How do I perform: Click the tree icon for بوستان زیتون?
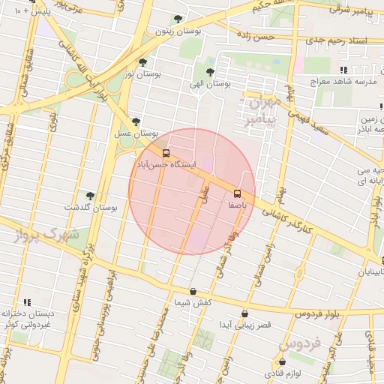(x=178, y=19)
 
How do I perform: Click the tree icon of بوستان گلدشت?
(x=91, y=196)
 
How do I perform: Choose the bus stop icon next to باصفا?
(x=238, y=193)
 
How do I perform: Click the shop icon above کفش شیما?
(x=193, y=292)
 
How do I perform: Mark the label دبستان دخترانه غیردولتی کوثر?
(x=31, y=318)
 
